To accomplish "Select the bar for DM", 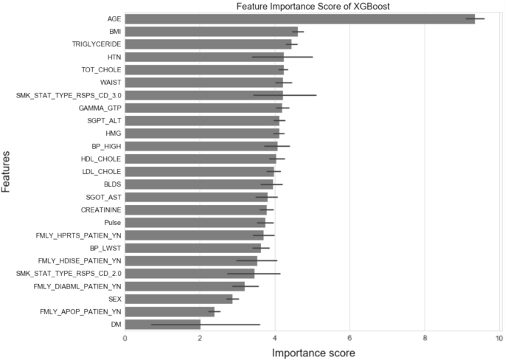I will click(162, 324).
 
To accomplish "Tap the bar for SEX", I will click(178, 299).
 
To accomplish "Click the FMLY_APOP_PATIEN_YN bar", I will click(170, 311).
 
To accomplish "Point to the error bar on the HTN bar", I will click(282, 56).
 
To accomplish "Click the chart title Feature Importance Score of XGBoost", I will click(313, 7).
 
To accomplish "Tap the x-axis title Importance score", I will click(313, 353).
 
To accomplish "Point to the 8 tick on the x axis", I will click(425, 339).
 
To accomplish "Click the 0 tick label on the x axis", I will click(125, 339).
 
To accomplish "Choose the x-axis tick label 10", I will click(499, 339).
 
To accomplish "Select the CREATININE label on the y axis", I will click(101, 210).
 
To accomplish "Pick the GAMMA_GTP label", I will click(100, 108).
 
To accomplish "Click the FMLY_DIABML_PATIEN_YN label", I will click(78, 285).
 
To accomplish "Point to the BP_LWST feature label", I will click(105, 248).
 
